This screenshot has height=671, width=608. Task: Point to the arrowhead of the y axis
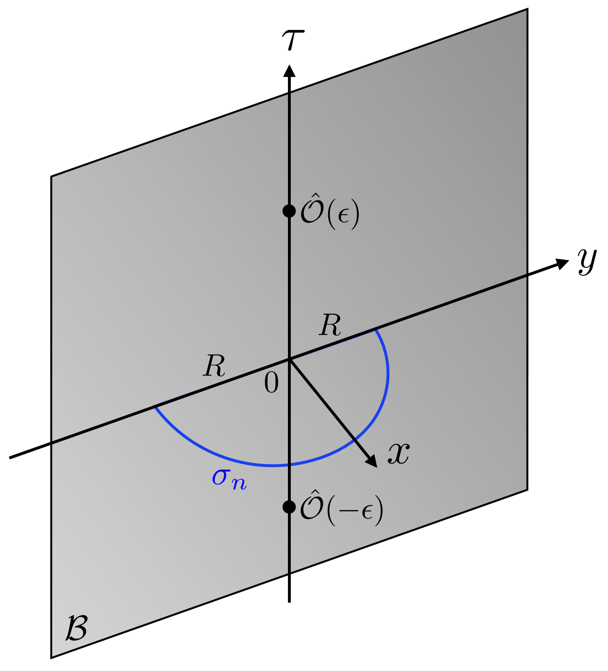[563, 263]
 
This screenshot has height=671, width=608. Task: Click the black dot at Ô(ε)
[289, 211]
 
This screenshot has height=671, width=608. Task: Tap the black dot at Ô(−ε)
[289, 507]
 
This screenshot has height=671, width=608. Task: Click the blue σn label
[229, 478]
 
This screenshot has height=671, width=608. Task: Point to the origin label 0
[271, 383]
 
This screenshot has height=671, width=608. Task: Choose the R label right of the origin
[330, 326]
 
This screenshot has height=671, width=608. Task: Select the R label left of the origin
[214, 366]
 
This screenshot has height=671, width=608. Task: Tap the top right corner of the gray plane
[527, 9]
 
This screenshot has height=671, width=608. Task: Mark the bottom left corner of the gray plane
[51, 658]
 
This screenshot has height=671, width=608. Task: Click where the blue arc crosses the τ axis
[289, 465]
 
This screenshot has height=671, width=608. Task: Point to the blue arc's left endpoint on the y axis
[154, 406]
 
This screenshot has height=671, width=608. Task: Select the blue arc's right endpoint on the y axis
[375, 329]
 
